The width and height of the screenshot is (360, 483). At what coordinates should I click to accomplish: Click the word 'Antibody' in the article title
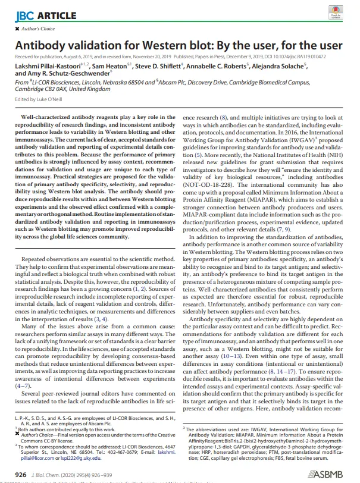pos(40,45)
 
